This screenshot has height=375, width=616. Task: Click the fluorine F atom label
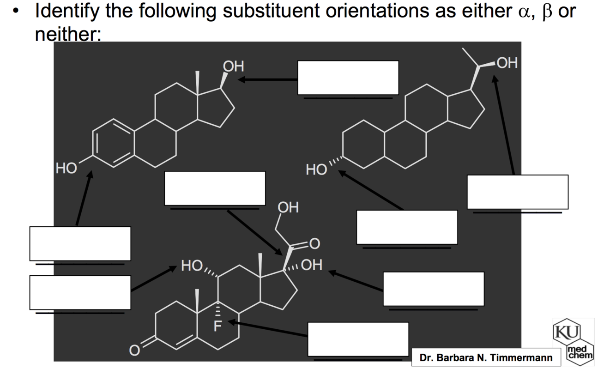(x=218, y=326)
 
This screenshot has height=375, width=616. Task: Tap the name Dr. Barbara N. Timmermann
(x=486, y=358)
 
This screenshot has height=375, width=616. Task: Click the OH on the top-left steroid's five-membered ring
(x=233, y=67)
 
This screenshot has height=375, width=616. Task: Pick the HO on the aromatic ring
(x=66, y=168)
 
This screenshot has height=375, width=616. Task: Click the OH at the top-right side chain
(x=507, y=63)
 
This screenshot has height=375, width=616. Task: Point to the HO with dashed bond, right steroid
(x=316, y=170)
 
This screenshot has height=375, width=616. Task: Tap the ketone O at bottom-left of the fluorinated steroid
(x=133, y=351)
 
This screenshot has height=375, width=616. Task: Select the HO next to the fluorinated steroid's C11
(x=191, y=266)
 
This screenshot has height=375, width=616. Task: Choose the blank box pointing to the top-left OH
(x=348, y=78)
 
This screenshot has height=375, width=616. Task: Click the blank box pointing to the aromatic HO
(x=80, y=243)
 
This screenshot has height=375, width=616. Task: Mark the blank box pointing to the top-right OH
(x=517, y=192)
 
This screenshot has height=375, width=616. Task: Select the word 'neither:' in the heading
(x=68, y=34)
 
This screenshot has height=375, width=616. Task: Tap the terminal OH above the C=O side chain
(x=288, y=207)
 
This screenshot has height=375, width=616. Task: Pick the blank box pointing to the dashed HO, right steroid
(x=407, y=227)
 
